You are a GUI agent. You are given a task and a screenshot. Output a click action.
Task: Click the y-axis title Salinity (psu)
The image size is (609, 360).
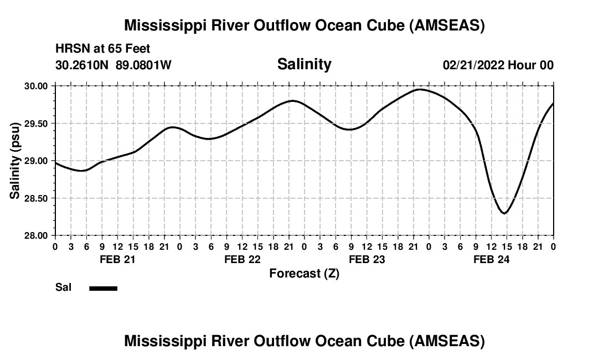16,161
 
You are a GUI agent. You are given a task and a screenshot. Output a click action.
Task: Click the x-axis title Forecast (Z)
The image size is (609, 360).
304,273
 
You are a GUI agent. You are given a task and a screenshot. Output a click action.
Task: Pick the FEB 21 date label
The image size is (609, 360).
117,259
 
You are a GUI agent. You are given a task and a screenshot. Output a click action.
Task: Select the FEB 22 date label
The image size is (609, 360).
242,259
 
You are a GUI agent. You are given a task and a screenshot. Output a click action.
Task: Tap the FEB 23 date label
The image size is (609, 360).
367,259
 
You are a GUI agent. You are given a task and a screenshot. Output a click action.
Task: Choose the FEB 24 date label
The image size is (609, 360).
491,259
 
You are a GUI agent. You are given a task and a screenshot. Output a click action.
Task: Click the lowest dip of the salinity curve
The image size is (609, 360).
504,213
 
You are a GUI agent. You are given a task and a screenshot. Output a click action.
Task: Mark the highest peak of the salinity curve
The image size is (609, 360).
420,89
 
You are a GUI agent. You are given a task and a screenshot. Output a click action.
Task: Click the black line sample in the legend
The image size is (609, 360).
104,288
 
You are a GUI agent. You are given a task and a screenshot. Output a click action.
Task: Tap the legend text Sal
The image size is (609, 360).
63,287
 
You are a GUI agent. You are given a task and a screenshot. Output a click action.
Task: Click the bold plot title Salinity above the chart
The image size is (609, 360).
304,64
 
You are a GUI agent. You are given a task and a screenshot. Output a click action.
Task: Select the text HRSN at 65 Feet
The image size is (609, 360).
103,49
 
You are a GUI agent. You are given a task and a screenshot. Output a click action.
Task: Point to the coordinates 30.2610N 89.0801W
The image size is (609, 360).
113,65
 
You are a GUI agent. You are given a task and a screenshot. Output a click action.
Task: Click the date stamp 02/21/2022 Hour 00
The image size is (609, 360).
498,65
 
